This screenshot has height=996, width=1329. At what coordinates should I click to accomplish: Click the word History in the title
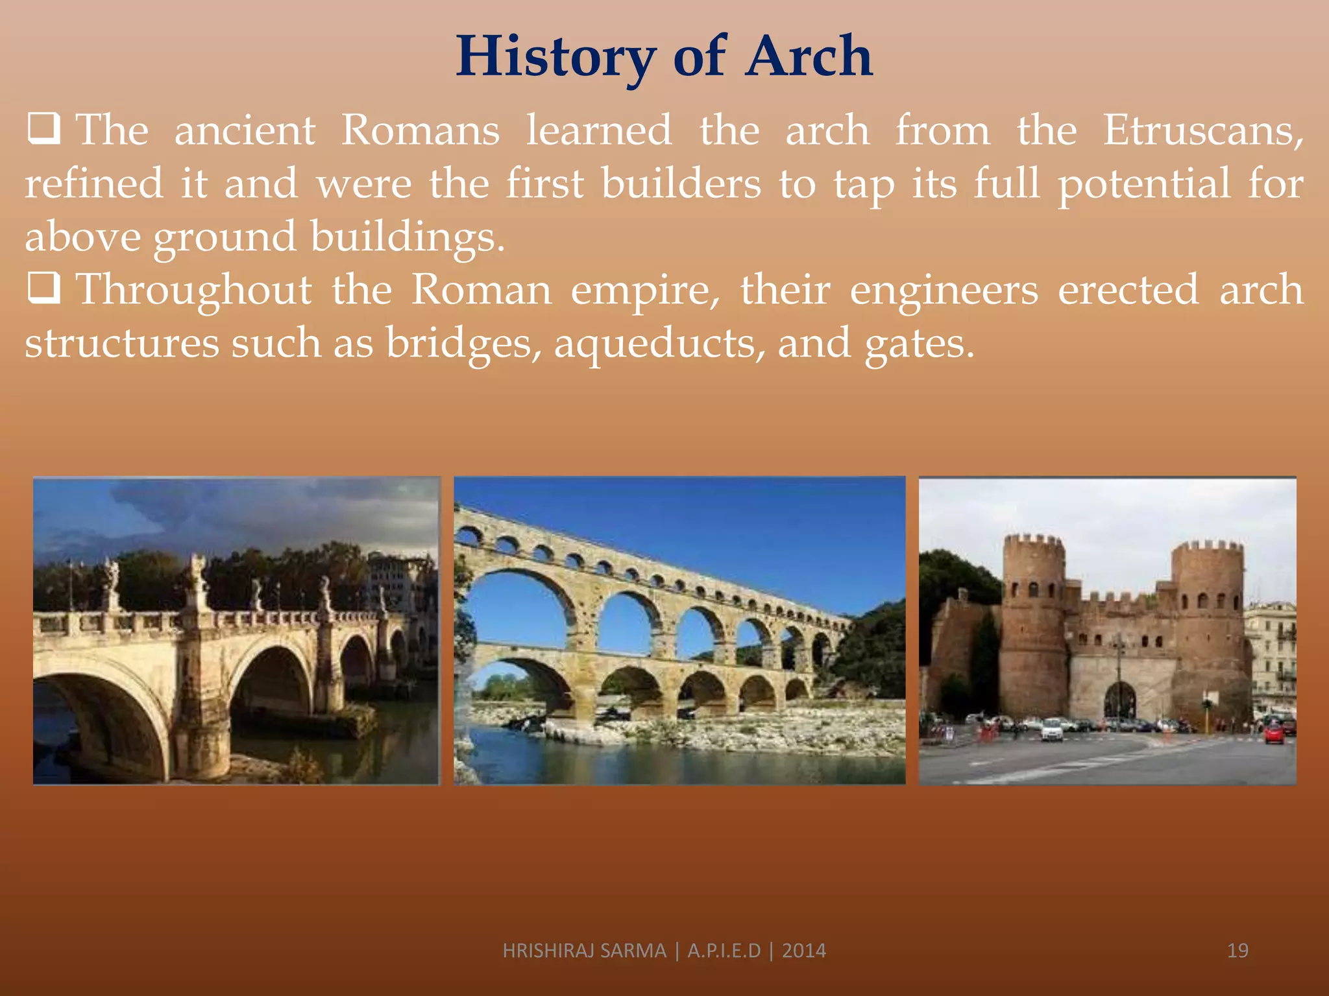pyautogui.click(x=555, y=57)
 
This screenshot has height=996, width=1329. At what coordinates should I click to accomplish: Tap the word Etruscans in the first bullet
pyautogui.click(x=1202, y=130)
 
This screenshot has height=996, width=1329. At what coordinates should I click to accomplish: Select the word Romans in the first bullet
pyautogui.click(x=421, y=130)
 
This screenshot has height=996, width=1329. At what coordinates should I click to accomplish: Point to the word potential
pyautogui.click(x=1144, y=184)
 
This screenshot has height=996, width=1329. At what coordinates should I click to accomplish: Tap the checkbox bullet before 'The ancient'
pyautogui.click(x=44, y=128)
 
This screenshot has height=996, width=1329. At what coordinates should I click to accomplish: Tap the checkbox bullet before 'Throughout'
pyautogui.click(x=44, y=288)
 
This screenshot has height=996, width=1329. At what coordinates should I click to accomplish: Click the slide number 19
pyautogui.click(x=1238, y=951)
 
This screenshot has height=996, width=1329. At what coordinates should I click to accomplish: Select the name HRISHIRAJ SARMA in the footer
pyautogui.click(x=584, y=951)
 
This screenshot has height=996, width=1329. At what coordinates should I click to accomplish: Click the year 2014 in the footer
pyautogui.click(x=804, y=951)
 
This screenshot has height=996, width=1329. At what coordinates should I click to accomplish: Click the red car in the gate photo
pyautogui.click(x=1274, y=733)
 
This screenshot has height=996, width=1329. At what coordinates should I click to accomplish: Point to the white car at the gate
pyautogui.click(x=1052, y=730)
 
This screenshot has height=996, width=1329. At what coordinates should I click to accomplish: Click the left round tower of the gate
pyautogui.click(x=1034, y=622)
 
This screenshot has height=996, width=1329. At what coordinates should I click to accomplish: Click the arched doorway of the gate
pyautogui.click(x=1119, y=700)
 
